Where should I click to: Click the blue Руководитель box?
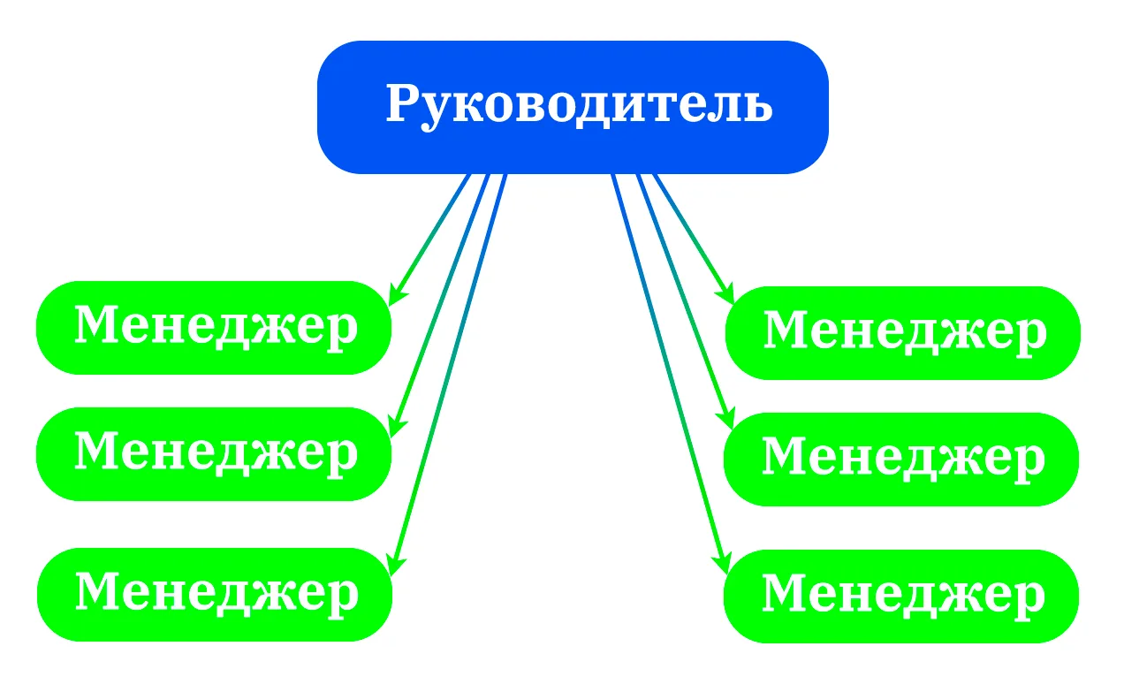(x=573, y=108)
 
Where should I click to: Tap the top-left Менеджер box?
(x=214, y=328)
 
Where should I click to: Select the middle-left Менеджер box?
(x=214, y=454)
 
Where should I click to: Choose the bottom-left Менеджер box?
(x=215, y=595)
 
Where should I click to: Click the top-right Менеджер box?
(x=903, y=333)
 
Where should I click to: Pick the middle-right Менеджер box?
(x=901, y=460)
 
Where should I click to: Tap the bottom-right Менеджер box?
(x=901, y=597)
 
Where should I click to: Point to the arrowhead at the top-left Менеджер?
(x=397, y=295)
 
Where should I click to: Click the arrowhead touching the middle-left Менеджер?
(x=397, y=427)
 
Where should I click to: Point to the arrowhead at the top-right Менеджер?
(x=726, y=293)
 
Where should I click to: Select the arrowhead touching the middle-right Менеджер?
(x=726, y=419)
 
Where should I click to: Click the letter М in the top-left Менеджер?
(x=96, y=324)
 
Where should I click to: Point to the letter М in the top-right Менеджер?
(x=786, y=330)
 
